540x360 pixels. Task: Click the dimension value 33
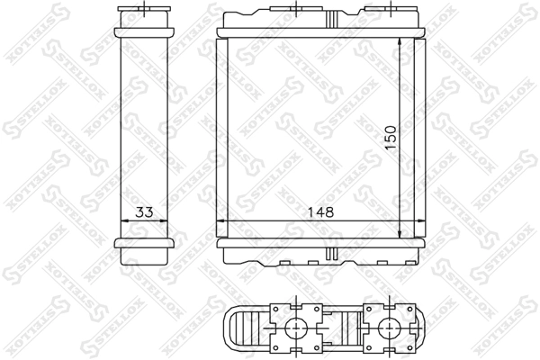tap(144, 211)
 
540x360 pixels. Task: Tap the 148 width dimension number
tap(320, 211)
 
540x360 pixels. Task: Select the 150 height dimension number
tap(391, 138)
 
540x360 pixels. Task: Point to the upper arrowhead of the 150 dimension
tap(400, 42)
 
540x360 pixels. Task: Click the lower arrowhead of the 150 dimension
tap(400, 233)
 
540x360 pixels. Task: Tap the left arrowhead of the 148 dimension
tap(220, 221)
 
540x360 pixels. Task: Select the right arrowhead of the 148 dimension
tap(420, 221)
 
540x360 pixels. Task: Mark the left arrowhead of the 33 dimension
tap(125, 221)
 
